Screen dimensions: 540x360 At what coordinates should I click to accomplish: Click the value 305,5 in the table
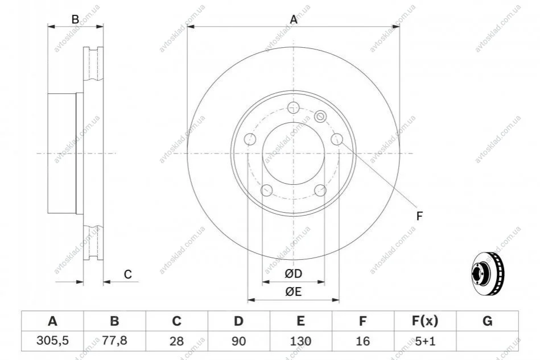pyautogui.click(x=53, y=341)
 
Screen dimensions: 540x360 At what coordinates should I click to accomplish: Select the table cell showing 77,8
pyautogui.click(x=115, y=341)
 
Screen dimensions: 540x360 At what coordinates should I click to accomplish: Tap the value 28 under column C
pyautogui.click(x=176, y=341)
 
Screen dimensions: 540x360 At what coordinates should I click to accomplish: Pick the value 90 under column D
pyautogui.click(x=238, y=341)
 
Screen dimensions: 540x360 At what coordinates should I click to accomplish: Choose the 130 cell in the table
pyautogui.click(x=300, y=341)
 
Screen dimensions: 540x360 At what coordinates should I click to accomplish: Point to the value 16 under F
pyautogui.click(x=362, y=341)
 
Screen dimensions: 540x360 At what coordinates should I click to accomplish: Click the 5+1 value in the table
pyautogui.click(x=425, y=341)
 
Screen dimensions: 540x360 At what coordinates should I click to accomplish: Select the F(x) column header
pyautogui.click(x=425, y=321)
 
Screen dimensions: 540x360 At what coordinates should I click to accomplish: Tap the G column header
pyautogui.click(x=487, y=321)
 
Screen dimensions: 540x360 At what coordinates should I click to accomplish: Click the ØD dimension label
pyautogui.click(x=294, y=274)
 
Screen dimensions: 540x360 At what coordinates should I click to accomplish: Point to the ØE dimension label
pyautogui.click(x=294, y=292)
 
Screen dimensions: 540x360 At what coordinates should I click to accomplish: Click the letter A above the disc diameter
pyautogui.click(x=294, y=19)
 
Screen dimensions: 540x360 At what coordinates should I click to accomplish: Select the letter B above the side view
pyautogui.click(x=75, y=19)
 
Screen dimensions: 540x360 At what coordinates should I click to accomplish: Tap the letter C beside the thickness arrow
pyautogui.click(x=128, y=274)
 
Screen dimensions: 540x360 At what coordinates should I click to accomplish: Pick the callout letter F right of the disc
pyautogui.click(x=419, y=216)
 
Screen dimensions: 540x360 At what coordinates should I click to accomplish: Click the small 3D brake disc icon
pyautogui.click(x=487, y=273)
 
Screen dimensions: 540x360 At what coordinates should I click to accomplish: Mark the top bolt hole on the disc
pyautogui.click(x=294, y=107)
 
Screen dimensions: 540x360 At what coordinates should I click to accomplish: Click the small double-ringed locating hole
pyautogui.click(x=320, y=117)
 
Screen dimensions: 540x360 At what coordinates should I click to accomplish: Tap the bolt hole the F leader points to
pyautogui.click(x=337, y=139)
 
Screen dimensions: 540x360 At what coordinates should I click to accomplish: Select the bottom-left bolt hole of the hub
pyautogui.click(x=266, y=190)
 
